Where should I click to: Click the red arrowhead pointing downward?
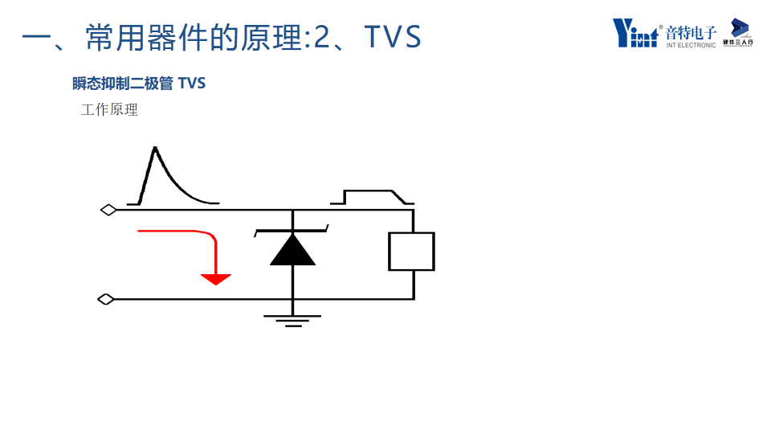tap(215, 279)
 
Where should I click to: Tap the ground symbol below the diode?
tap(292, 321)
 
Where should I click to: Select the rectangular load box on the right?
tap(412, 252)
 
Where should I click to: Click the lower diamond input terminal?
tap(106, 300)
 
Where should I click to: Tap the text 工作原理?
tap(109, 110)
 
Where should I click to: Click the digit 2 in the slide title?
tap(321, 38)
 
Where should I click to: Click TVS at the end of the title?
tap(393, 38)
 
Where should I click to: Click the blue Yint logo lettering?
tap(637, 33)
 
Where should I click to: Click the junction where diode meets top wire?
tap(292, 211)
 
